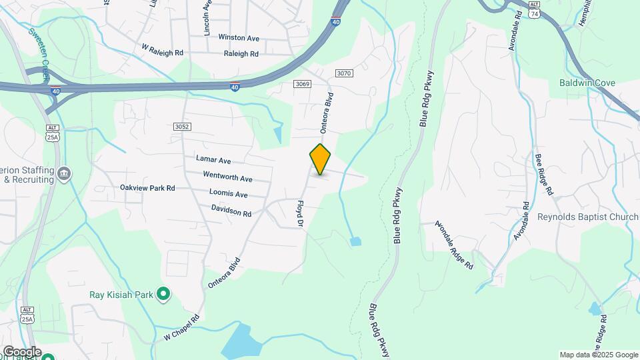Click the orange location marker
point(320,159)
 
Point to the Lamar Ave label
point(213,160)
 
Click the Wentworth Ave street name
point(228,178)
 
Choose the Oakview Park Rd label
point(147,188)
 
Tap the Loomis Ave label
point(228,195)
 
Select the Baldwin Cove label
point(587,83)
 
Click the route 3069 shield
point(303,83)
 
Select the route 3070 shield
point(344,73)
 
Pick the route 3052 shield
point(181,127)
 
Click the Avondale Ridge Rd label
point(455,245)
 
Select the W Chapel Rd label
point(181,329)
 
